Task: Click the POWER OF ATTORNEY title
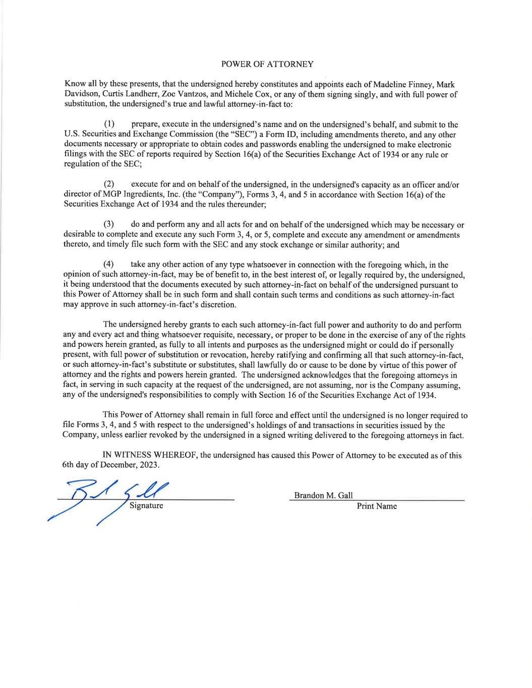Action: click(267, 64)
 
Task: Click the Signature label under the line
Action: click(146, 505)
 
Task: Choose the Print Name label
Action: click(377, 506)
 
